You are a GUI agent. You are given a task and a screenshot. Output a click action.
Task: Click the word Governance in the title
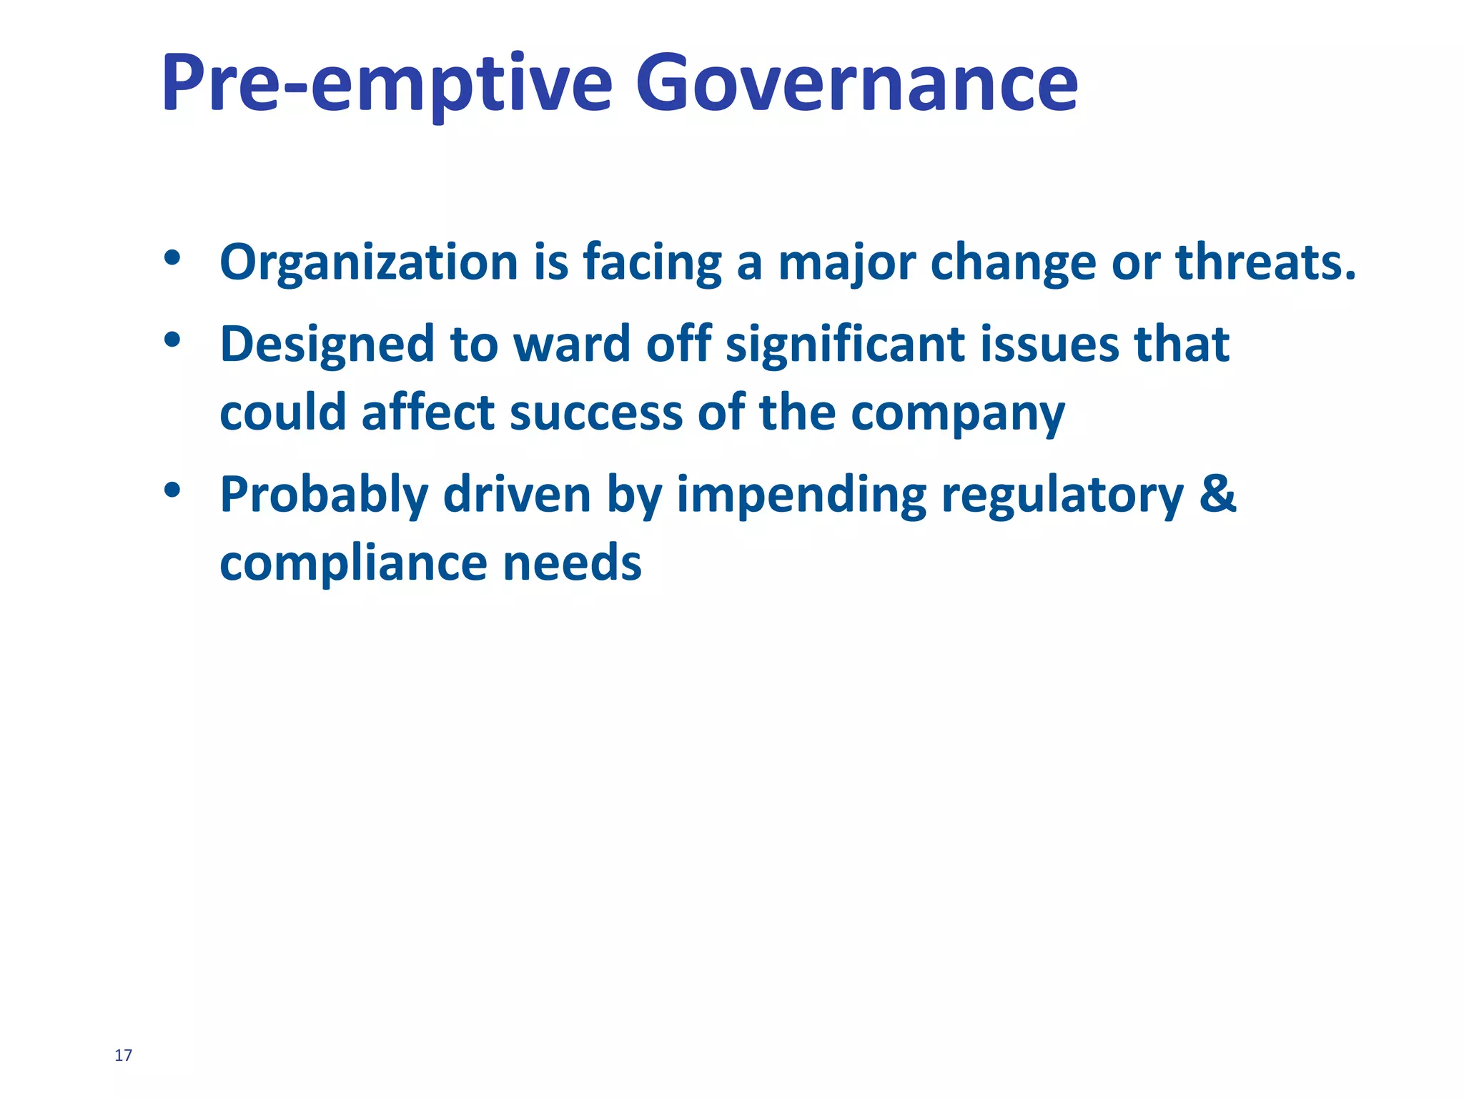[x=856, y=84]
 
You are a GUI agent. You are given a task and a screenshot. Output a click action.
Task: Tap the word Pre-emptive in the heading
[x=387, y=84]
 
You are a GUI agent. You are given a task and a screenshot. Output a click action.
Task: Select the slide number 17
[x=123, y=1055]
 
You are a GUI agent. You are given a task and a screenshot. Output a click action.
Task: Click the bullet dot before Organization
[x=172, y=259]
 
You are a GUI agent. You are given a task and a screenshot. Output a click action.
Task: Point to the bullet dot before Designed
[x=172, y=340]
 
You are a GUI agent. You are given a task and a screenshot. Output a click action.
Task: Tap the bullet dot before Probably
[x=172, y=490]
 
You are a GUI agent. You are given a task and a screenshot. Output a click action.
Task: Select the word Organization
[x=369, y=263]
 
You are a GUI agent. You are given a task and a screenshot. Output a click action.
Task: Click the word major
[x=846, y=263]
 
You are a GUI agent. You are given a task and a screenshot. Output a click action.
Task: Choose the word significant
[x=844, y=345]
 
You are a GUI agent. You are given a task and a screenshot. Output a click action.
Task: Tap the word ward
[x=571, y=345]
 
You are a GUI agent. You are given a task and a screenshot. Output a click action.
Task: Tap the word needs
[x=572, y=563]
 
